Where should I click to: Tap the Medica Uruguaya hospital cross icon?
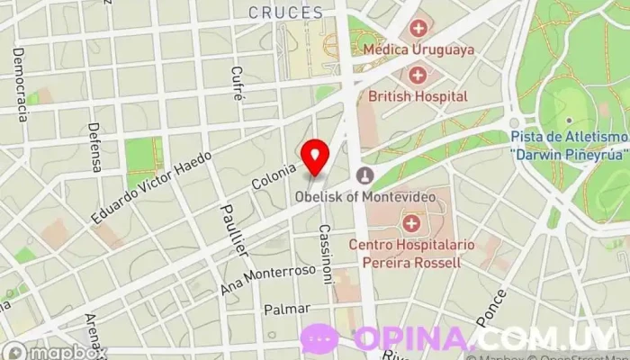pos(418,29)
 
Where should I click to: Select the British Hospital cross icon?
pos(418,74)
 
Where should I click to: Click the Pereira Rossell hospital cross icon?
pos(411,221)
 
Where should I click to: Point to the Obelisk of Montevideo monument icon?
pos(365,175)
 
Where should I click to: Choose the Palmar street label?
pos(286,310)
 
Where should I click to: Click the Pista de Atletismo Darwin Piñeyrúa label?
pos(569,144)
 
